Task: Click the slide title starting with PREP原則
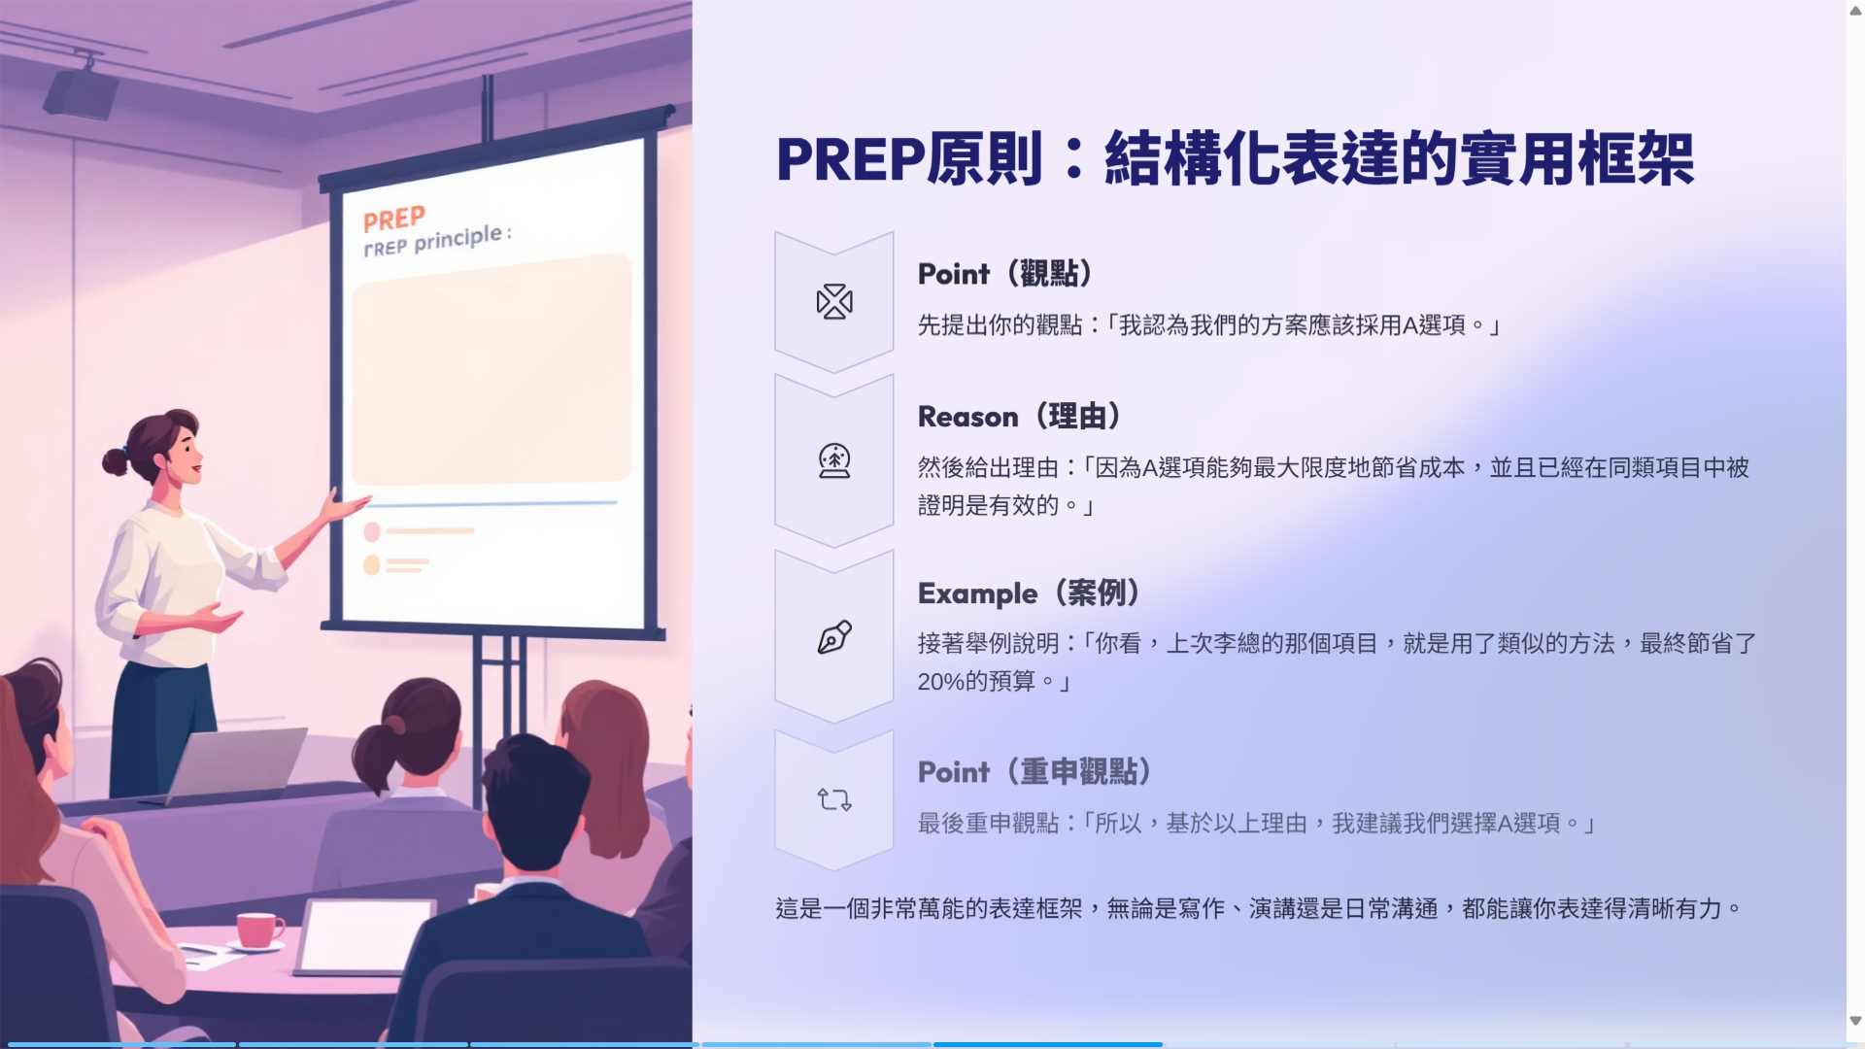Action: pos(1235,159)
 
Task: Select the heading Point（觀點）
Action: pos(1005,274)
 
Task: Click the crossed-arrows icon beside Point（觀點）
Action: pos(834,302)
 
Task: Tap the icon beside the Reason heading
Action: pos(834,460)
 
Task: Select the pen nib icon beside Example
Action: pos(834,637)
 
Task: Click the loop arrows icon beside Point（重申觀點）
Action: pos(834,799)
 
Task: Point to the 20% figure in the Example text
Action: pos(940,682)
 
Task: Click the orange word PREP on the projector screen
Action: pos(394,219)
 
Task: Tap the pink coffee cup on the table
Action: pos(258,930)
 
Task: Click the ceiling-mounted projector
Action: pos(82,90)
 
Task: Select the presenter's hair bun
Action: pos(116,460)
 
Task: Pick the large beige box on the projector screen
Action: pos(492,369)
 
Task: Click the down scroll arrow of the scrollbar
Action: pos(1855,1021)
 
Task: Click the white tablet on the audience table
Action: pos(365,937)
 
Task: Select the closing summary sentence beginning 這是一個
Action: pos(1259,909)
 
